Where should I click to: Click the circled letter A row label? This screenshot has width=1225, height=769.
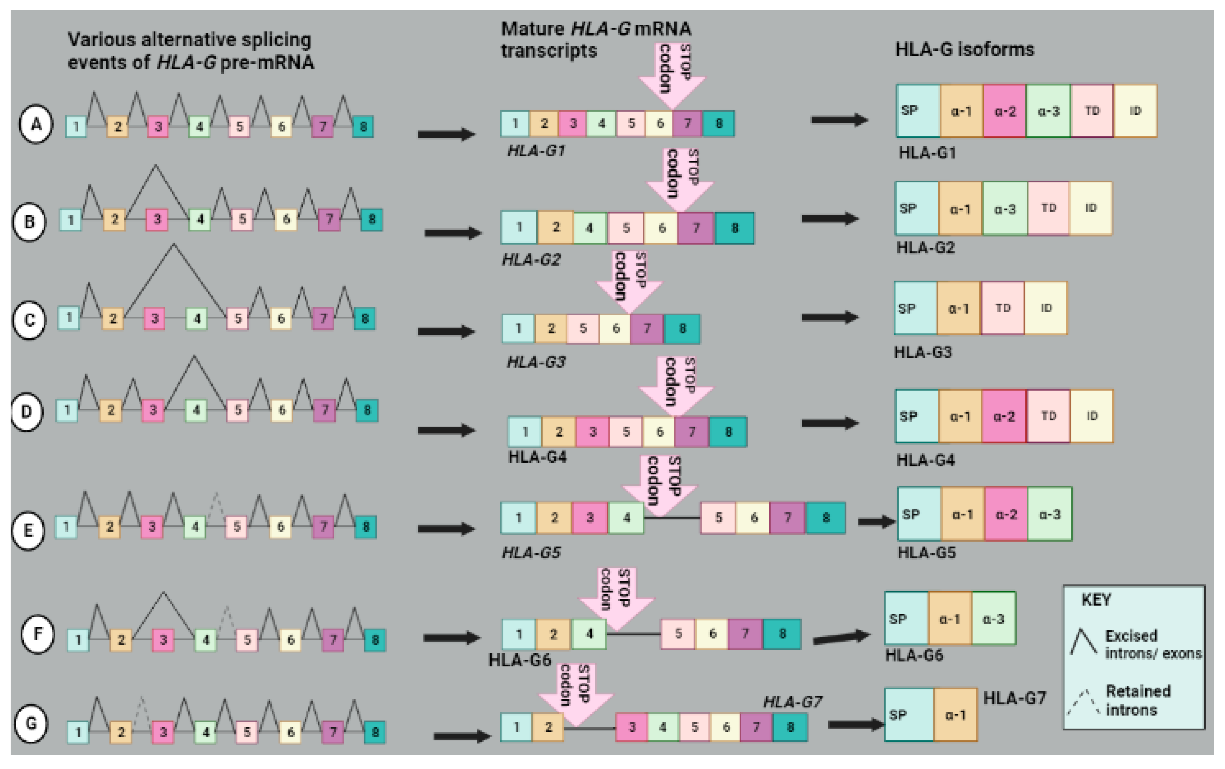(x=36, y=124)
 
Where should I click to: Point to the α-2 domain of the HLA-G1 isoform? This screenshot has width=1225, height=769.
(x=1005, y=111)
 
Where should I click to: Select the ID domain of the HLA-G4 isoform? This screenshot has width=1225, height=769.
(x=1092, y=416)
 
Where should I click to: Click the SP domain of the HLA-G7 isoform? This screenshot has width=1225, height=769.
(x=909, y=715)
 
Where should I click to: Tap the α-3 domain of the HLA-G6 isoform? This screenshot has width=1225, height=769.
(x=993, y=619)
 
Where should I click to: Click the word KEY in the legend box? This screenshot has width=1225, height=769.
(x=1096, y=600)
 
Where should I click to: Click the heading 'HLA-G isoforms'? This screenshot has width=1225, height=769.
(x=965, y=50)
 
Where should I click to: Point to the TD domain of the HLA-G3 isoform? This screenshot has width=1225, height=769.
(x=1002, y=308)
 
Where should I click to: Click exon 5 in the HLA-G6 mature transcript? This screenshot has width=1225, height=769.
(x=678, y=634)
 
